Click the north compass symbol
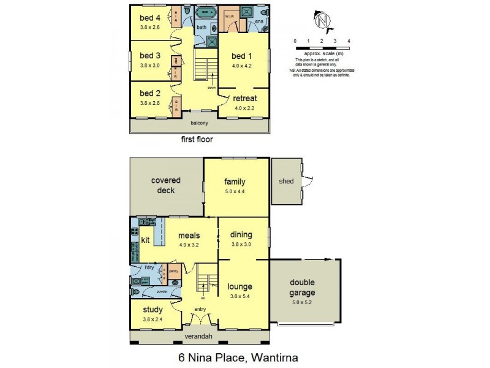(321, 21)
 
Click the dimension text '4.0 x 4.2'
(243, 65)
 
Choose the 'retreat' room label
(244, 98)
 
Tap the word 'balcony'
(200, 123)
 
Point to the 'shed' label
(285, 181)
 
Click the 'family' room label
(235, 182)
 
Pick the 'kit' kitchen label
(146, 239)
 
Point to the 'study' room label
(153, 310)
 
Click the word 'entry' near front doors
(200, 309)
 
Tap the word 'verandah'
(199, 337)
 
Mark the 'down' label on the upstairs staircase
(212, 88)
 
